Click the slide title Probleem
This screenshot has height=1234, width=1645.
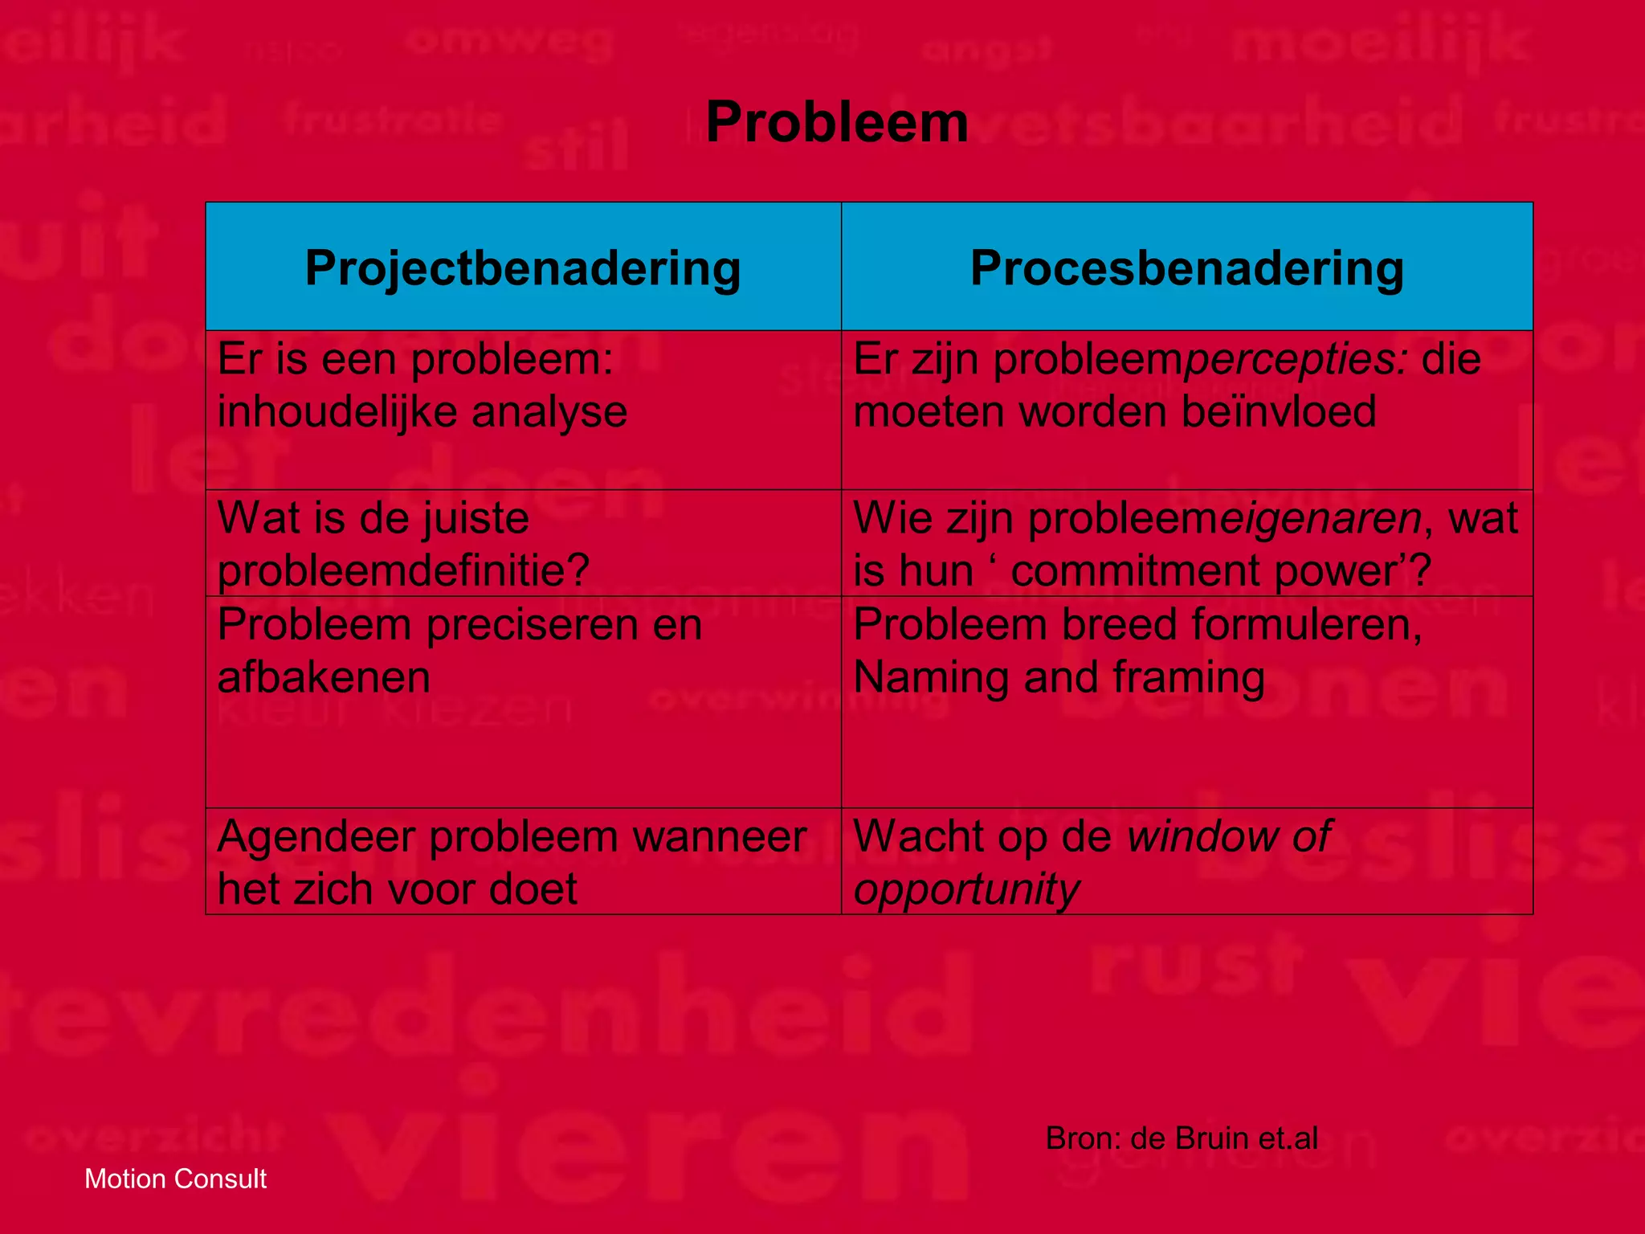coord(836,123)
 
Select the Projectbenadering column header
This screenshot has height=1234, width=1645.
coord(523,268)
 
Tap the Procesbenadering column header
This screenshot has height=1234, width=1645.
coord(1186,268)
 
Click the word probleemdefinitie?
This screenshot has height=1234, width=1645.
coord(403,571)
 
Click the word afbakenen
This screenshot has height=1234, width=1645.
coord(324,677)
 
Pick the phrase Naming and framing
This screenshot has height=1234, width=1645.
coord(1059,677)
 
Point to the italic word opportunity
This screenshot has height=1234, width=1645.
coord(966,890)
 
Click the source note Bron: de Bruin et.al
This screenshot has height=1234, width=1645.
coord(1181,1138)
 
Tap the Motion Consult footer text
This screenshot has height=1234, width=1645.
coord(175,1179)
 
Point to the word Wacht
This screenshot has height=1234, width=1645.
coord(919,837)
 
